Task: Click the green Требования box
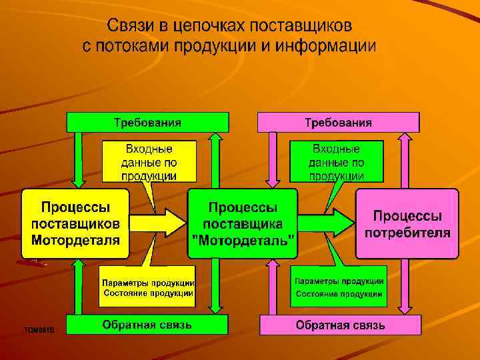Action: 147,123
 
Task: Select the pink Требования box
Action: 338,123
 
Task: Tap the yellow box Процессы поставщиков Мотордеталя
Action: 76,223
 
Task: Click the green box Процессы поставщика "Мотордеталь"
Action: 243,223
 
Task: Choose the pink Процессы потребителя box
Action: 407,223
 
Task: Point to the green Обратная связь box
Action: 147,325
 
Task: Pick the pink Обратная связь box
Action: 340,325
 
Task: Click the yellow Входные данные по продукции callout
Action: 149,161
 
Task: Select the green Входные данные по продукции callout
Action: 336,161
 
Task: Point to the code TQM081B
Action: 37,330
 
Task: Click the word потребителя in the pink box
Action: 407,233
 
